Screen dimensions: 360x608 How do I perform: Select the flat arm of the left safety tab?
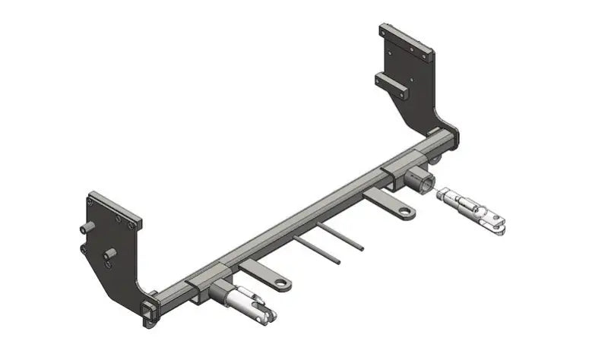262,273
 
